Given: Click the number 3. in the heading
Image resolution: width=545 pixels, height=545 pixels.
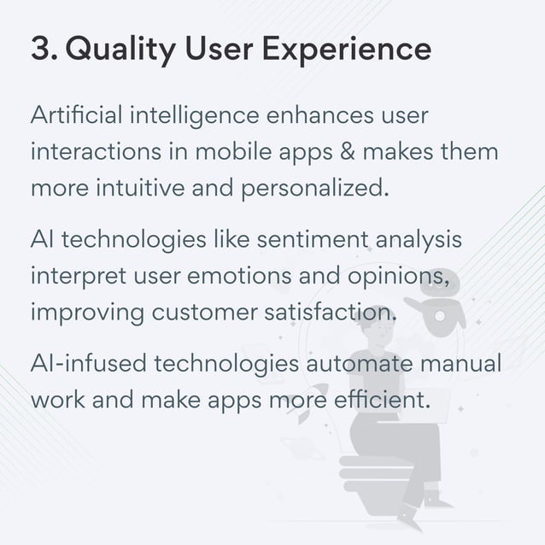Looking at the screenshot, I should click(x=44, y=50).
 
